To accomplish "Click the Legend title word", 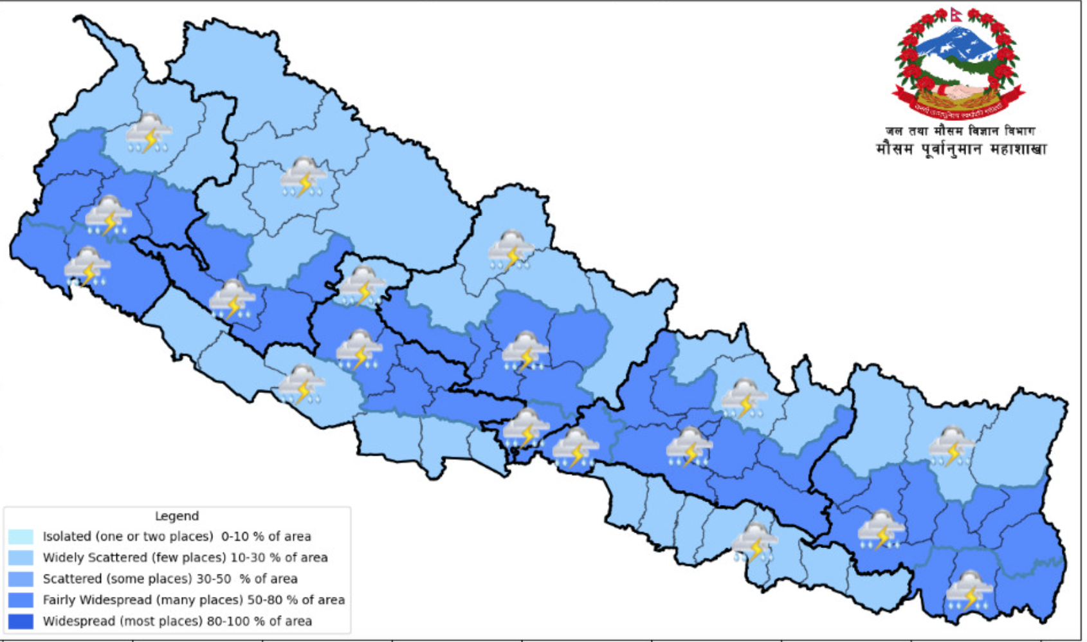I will coord(177,516).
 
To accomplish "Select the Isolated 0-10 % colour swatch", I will coord(21,537).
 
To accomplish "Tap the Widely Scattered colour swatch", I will coord(21,558).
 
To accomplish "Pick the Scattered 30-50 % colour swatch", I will coord(21,579).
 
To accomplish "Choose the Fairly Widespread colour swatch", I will coord(21,600).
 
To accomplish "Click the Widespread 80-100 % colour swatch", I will coord(21,621).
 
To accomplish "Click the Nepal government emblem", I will coord(958,64).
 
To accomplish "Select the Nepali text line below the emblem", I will coord(961,150).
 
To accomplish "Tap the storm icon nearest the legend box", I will coord(301,384).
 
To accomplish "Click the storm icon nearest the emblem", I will coord(951,446).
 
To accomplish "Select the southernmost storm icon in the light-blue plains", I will coord(754,542).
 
